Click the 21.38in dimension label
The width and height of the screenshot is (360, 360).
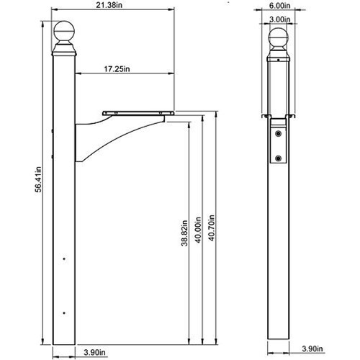109,5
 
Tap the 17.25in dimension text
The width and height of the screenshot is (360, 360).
117,69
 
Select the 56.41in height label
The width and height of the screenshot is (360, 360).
38,179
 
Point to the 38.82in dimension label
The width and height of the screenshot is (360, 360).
184,233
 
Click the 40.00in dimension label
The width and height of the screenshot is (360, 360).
198,230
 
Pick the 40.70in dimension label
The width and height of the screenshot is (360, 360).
212,228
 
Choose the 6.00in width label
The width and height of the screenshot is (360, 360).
279,5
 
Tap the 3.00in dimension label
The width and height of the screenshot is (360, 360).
279,19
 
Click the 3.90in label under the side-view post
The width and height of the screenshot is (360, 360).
94,352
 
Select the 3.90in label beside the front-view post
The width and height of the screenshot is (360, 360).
312,348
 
